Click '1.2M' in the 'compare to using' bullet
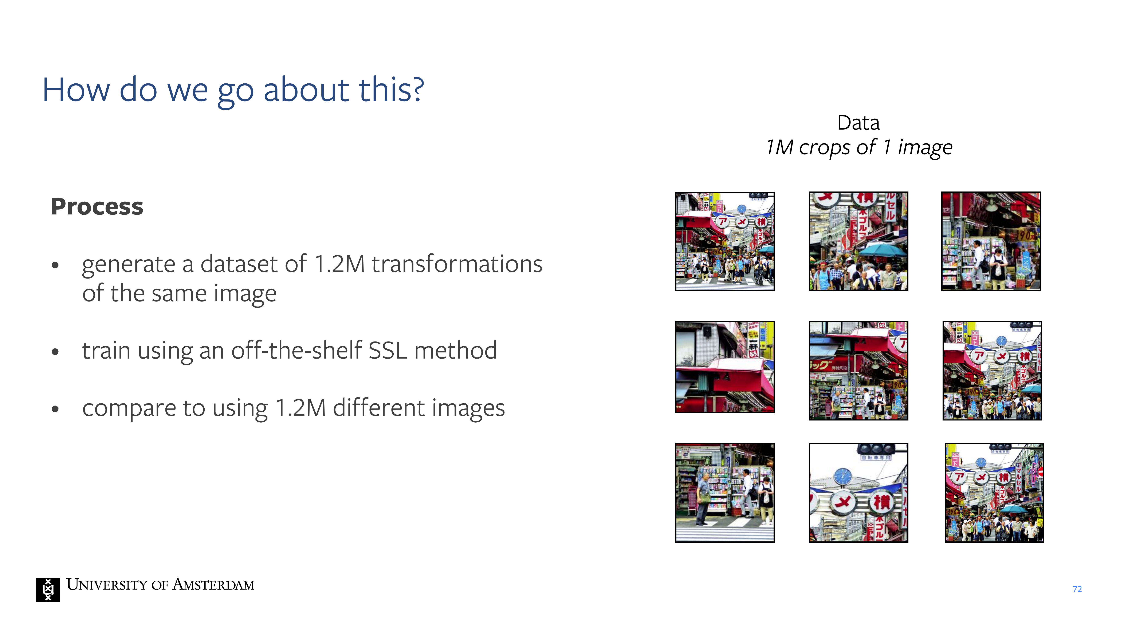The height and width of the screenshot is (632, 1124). pos(301,408)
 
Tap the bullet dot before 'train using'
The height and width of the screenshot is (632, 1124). pos(55,352)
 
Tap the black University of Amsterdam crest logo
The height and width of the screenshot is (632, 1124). pos(48,590)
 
